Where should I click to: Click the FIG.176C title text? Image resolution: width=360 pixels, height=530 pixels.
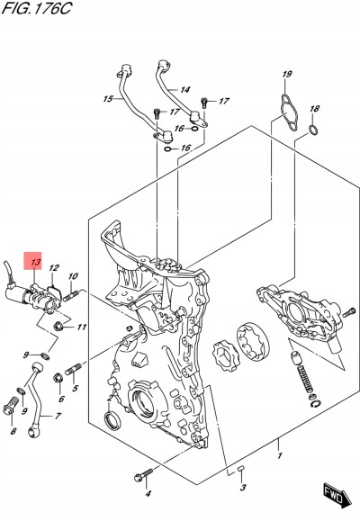coord(37,8)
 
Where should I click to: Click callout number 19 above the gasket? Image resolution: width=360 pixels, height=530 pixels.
coord(286,74)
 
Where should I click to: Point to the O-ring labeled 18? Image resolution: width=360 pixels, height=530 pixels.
coord(313,130)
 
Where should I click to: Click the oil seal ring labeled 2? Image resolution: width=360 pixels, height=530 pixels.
coord(113,421)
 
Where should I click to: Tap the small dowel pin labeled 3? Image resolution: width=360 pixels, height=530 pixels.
coord(240,469)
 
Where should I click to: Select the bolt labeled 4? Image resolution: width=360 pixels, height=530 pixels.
coord(143,475)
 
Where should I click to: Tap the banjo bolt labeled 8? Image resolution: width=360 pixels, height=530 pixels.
coord(11,404)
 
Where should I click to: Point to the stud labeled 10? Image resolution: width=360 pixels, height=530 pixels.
coord(70,295)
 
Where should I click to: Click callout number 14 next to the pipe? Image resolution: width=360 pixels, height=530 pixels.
coord(184,90)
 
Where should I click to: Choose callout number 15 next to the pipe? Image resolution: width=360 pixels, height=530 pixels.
coord(108,99)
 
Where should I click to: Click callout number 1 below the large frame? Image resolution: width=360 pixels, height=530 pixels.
coord(280,455)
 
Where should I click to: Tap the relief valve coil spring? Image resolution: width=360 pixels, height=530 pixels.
coord(305,379)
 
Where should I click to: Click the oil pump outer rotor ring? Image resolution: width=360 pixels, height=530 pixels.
coord(253,343)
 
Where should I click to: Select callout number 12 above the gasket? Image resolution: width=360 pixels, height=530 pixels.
coord(54,268)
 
